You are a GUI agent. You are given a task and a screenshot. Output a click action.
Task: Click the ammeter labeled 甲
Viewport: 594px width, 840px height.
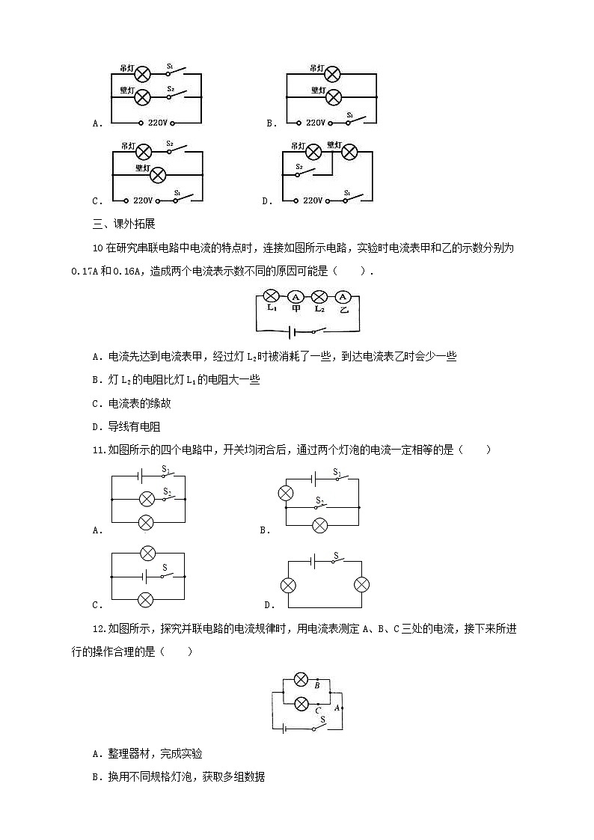click(x=296, y=295)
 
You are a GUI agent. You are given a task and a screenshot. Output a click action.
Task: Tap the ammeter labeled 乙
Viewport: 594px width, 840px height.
click(x=343, y=295)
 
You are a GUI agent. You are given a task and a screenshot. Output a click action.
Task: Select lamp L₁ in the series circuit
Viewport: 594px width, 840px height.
click(x=272, y=295)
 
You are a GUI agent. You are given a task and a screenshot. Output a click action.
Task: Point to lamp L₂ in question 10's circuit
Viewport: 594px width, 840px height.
click(x=319, y=295)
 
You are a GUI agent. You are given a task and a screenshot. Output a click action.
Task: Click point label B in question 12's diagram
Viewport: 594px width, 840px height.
click(x=317, y=685)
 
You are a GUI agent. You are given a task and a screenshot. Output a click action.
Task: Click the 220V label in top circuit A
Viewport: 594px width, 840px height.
click(x=157, y=123)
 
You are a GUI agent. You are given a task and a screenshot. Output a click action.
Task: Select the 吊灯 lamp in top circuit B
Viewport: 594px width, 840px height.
click(x=332, y=74)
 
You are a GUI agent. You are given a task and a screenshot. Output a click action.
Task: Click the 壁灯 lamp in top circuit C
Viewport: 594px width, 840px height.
click(x=158, y=174)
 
